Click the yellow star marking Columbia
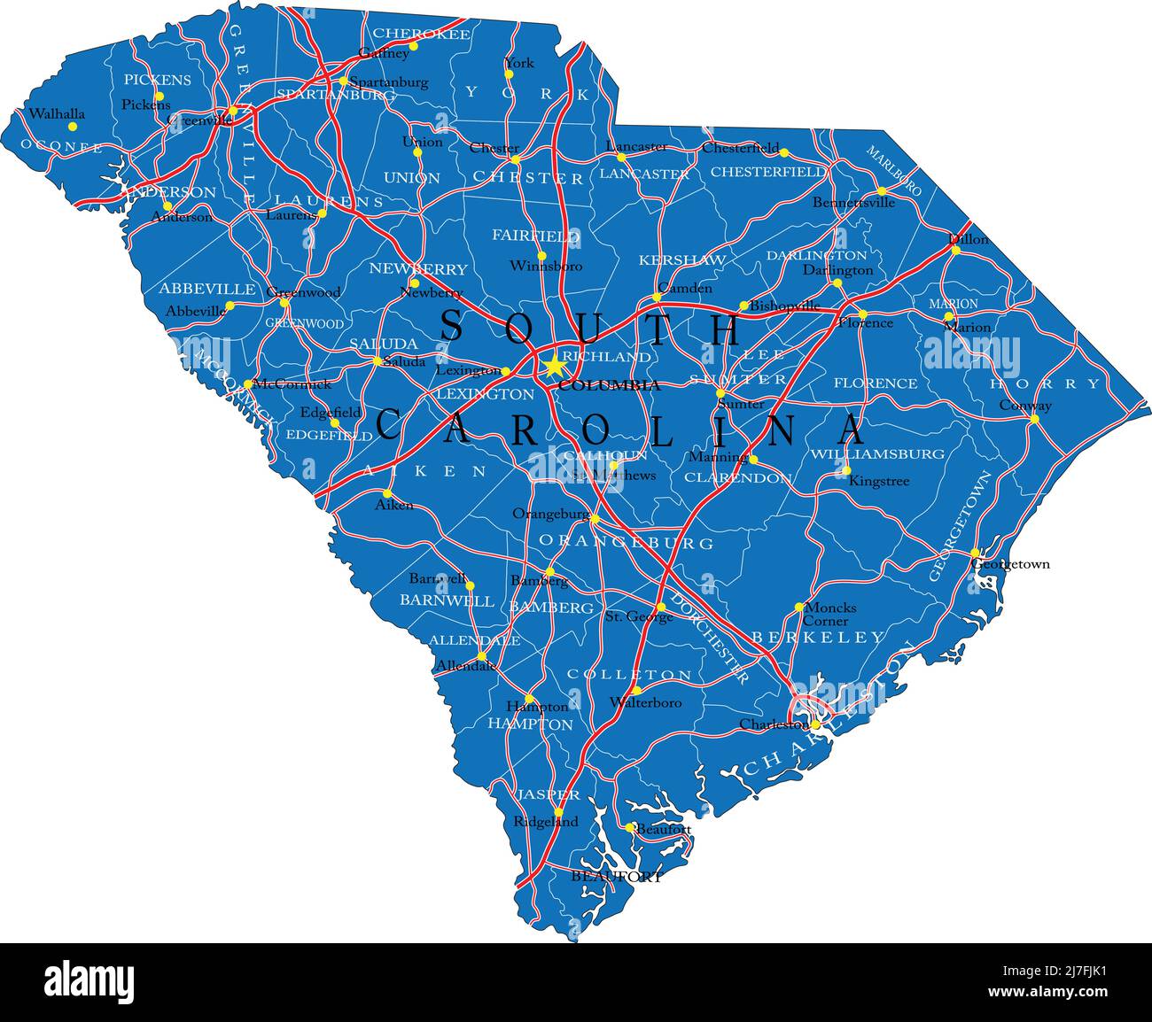pyautogui.click(x=553, y=365)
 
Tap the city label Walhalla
pyautogui.click(x=57, y=114)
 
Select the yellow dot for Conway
pyautogui.click(x=1034, y=418)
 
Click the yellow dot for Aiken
pyautogui.click(x=387, y=493)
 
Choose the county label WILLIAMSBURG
pyautogui.click(x=877, y=454)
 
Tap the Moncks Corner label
pyautogui.click(x=830, y=614)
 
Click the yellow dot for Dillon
pyautogui.click(x=955, y=250)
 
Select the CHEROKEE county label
pyautogui.click(x=421, y=34)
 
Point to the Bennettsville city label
pyautogui.click(x=853, y=203)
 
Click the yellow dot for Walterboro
pyautogui.click(x=635, y=690)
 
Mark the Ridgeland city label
pyautogui.click(x=546, y=822)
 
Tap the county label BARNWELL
pyautogui.click(x=447, y=600)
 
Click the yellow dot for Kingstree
pyautogui.click(x=846, y=470)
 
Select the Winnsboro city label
pyautogui.click(x=546, y=266)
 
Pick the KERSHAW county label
pyautogui.click(x=682, y=260)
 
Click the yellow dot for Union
pyautogui.click(x=417, y=151)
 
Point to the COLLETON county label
pyautogui.click(x=629, y=675)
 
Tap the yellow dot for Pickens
pyautogui.click(x=160, y=96)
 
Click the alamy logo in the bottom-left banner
pyautogui.click(x=90, y=982)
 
